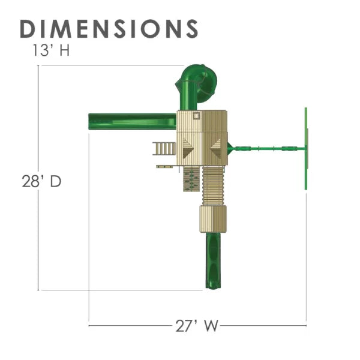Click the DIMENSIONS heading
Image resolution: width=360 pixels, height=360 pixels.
(x=109, y=29)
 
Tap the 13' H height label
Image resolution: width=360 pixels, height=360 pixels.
(x=51, y=50)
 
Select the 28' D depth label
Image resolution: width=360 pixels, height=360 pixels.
(x=41, y=181)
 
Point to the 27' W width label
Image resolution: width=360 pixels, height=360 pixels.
(x=197, y=326)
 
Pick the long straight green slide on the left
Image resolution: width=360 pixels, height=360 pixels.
(x=132, y=121)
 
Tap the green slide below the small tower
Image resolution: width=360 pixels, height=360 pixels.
(x=213, y=260)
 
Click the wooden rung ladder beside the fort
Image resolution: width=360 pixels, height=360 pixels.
(x=164, y=149)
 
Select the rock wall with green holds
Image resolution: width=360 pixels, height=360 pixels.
(x=191, y=179)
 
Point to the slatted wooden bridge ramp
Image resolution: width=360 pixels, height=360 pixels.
(x=213, y=186)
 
